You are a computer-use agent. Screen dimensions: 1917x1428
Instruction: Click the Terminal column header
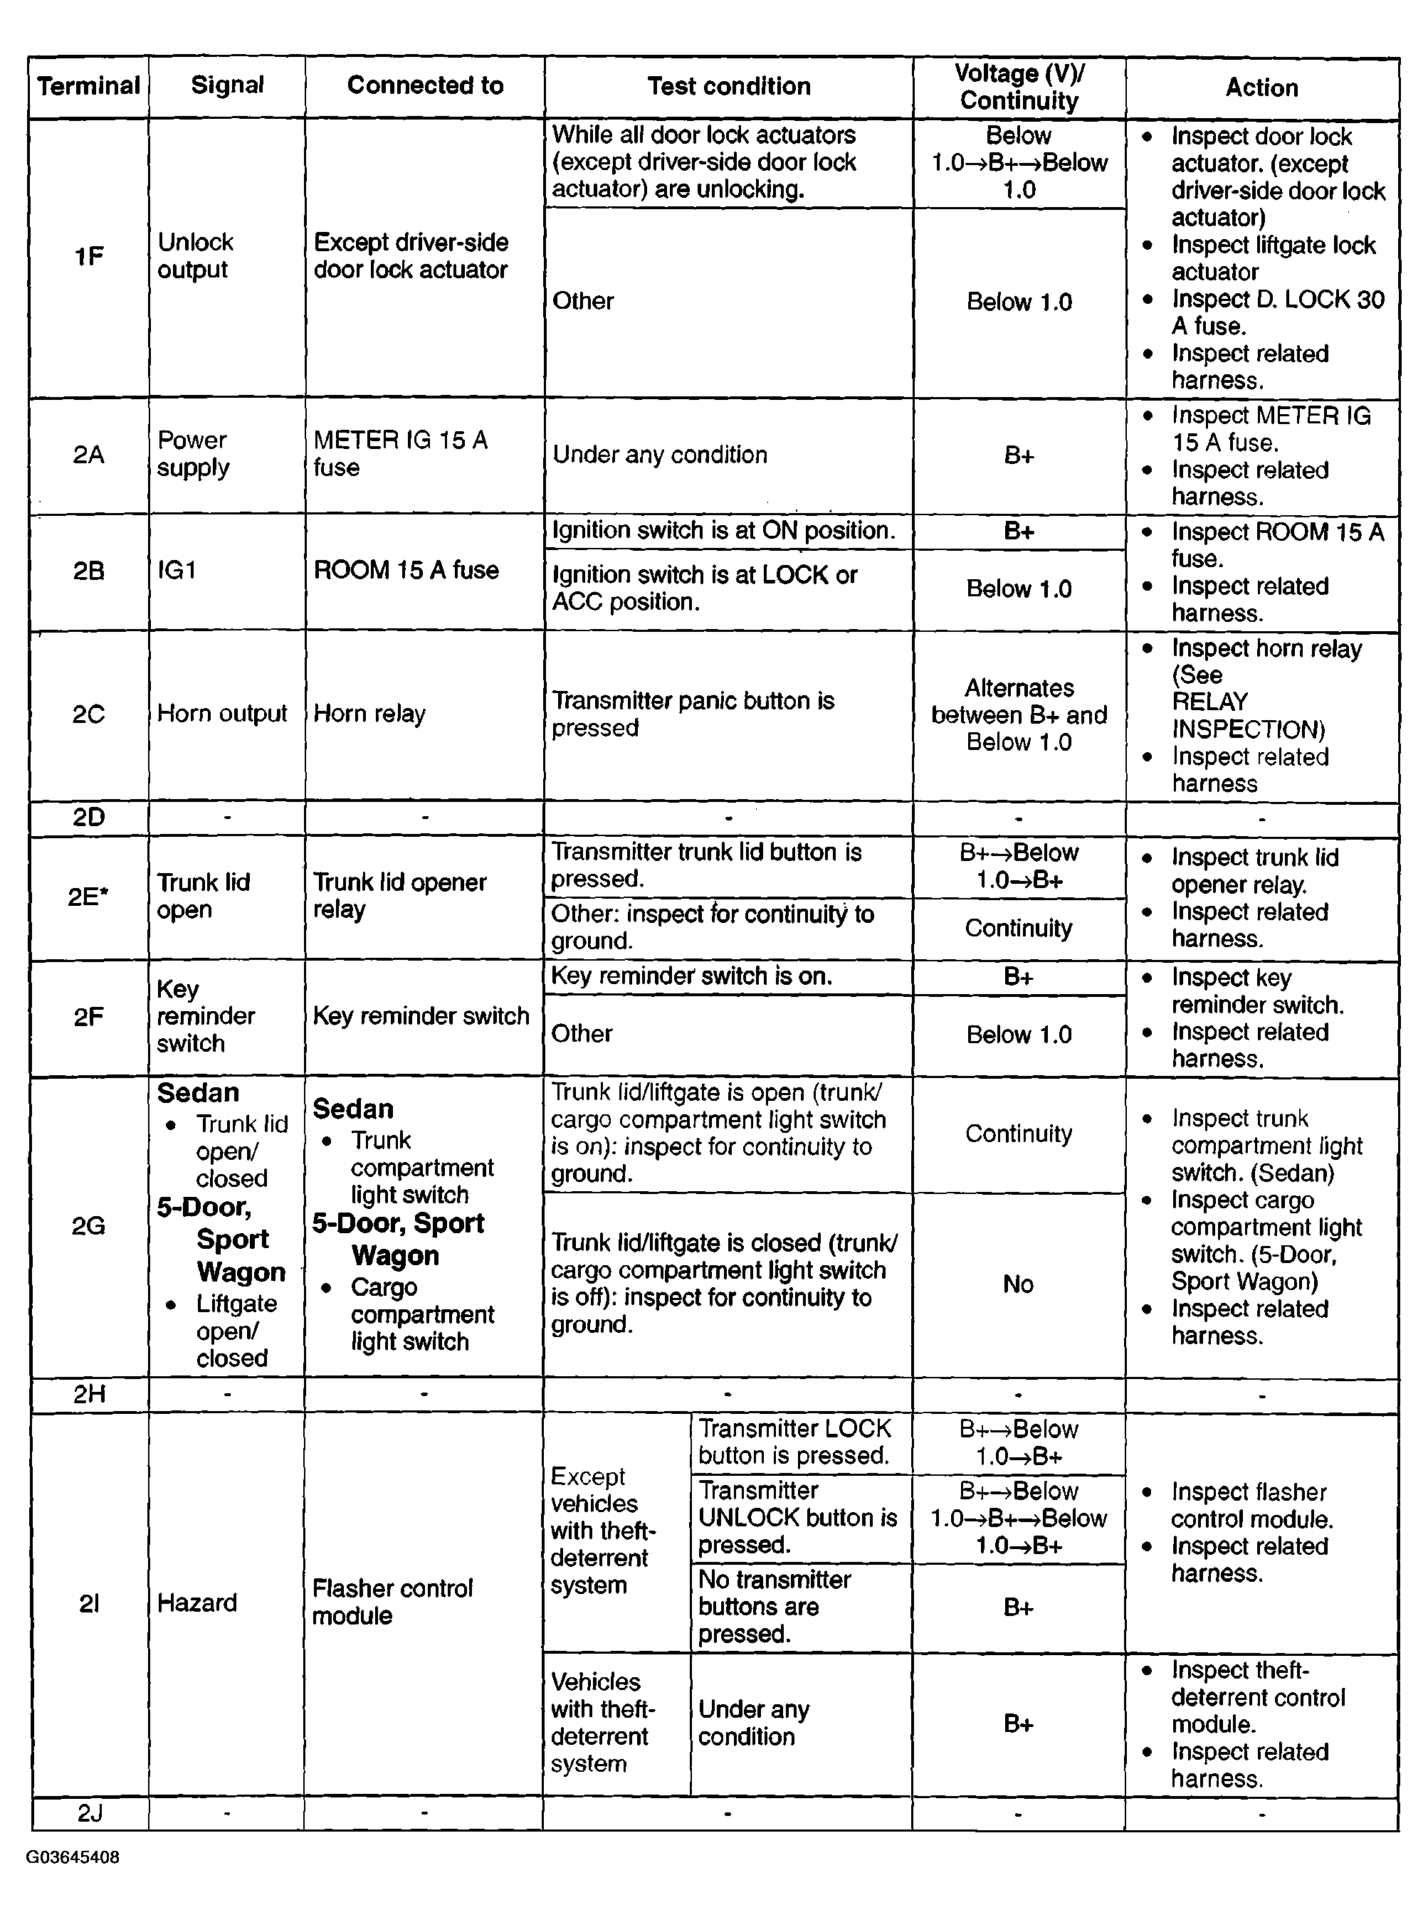88,85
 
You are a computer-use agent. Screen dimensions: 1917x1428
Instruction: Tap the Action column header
1261,88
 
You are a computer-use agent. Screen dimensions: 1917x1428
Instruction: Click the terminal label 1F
88,257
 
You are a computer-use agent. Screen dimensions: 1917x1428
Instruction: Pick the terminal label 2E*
88,896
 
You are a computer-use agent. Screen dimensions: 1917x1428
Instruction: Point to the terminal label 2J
90,1812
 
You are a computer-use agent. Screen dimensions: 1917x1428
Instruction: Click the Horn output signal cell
221,714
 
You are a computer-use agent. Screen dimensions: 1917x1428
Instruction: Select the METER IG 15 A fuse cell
400,453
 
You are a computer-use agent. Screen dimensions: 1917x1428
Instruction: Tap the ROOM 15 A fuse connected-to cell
406,570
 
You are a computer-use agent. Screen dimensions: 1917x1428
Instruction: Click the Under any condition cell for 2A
659,455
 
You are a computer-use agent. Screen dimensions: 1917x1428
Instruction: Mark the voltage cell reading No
1017,1284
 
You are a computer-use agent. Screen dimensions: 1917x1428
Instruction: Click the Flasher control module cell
392,1602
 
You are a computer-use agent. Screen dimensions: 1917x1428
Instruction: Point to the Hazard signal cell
197,1602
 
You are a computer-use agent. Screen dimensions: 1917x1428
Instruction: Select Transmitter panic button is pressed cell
693,714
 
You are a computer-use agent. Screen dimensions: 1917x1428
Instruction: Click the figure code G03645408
73,1857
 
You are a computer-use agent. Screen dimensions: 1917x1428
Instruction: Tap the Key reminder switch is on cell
691,976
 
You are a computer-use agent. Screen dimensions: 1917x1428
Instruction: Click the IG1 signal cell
177,570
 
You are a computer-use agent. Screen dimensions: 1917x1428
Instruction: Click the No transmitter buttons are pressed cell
775,1606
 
